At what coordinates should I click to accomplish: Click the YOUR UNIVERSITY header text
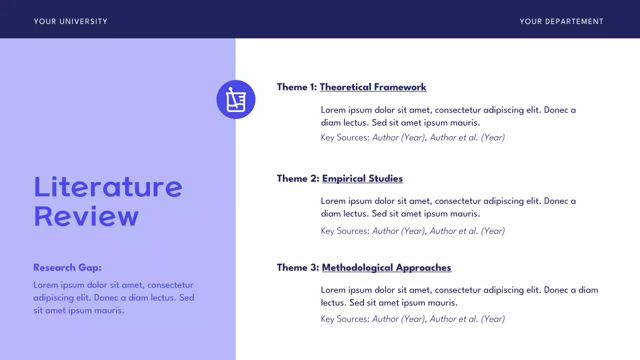point(70,21)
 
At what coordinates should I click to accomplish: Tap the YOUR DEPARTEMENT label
point(561,21)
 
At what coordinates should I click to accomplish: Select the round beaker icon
point(236,99)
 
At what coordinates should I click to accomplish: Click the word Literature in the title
point(108,186)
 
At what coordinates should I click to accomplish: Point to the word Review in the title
point(86,216)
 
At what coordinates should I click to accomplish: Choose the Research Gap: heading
point(67,267)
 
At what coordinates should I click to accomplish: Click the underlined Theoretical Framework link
point(373,87)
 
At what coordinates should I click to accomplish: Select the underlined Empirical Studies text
point(362,178)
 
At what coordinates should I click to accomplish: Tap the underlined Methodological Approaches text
point(386,267)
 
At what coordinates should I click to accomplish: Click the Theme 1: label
point(297,87)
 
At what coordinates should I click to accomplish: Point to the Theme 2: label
point(298,178)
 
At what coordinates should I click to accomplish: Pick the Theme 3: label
point(298,267)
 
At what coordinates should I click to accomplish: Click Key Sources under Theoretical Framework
point(345,137)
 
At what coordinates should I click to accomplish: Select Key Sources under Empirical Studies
point(345,231)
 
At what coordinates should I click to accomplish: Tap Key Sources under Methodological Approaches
point(345,319)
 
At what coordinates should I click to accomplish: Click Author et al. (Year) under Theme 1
point(467,137)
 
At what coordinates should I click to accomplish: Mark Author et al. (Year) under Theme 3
point(467,319)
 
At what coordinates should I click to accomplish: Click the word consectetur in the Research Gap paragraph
point(170,285)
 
